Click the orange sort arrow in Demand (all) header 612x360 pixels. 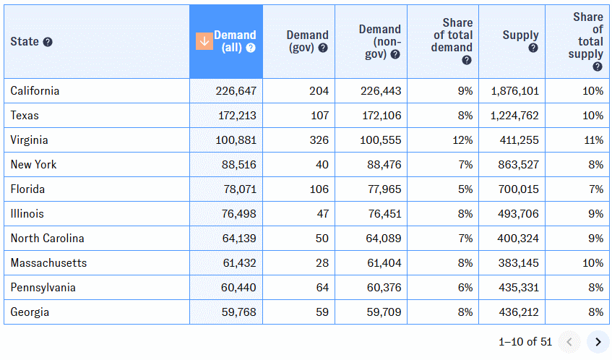click(204, 41)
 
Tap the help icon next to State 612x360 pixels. click(48, 42)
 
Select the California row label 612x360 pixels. click(35, 91)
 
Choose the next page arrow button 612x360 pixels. click(598, 341)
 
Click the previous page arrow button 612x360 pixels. click(569, 341)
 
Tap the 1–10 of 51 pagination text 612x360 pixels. click(525, 341)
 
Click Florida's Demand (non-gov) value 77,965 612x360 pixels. click(380, 189)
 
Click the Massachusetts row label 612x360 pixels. click(48, 263)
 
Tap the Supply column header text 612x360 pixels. click(520, 35)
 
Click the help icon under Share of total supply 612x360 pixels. click(598, 67)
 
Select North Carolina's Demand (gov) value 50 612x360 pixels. click(322, 239)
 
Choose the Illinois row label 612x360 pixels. click(27, 214)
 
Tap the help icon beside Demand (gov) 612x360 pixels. click(323, 48)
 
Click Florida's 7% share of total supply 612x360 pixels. click(595, 189)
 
